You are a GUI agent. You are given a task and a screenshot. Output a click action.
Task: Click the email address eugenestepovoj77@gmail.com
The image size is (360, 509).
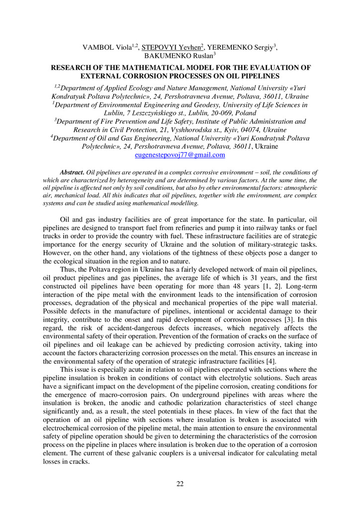(180, 155)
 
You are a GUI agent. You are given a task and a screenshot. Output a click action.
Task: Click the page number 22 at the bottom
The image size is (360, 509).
(180, 485)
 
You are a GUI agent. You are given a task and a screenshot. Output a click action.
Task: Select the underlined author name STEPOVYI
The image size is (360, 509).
(158, 48)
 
